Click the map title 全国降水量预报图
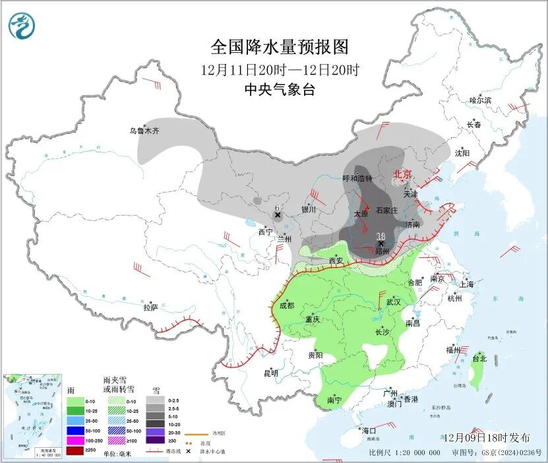point(279,47)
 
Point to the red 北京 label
point(402,174)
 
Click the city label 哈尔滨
point(479,100)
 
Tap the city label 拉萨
point(150,307)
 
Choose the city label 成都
point(286,305)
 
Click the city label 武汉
point(394,301)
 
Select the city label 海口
point(370,431)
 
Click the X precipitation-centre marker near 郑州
point(380,243)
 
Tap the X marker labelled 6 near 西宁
point(278,215)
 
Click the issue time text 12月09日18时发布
point(486,437)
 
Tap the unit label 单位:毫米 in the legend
point(119,454)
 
